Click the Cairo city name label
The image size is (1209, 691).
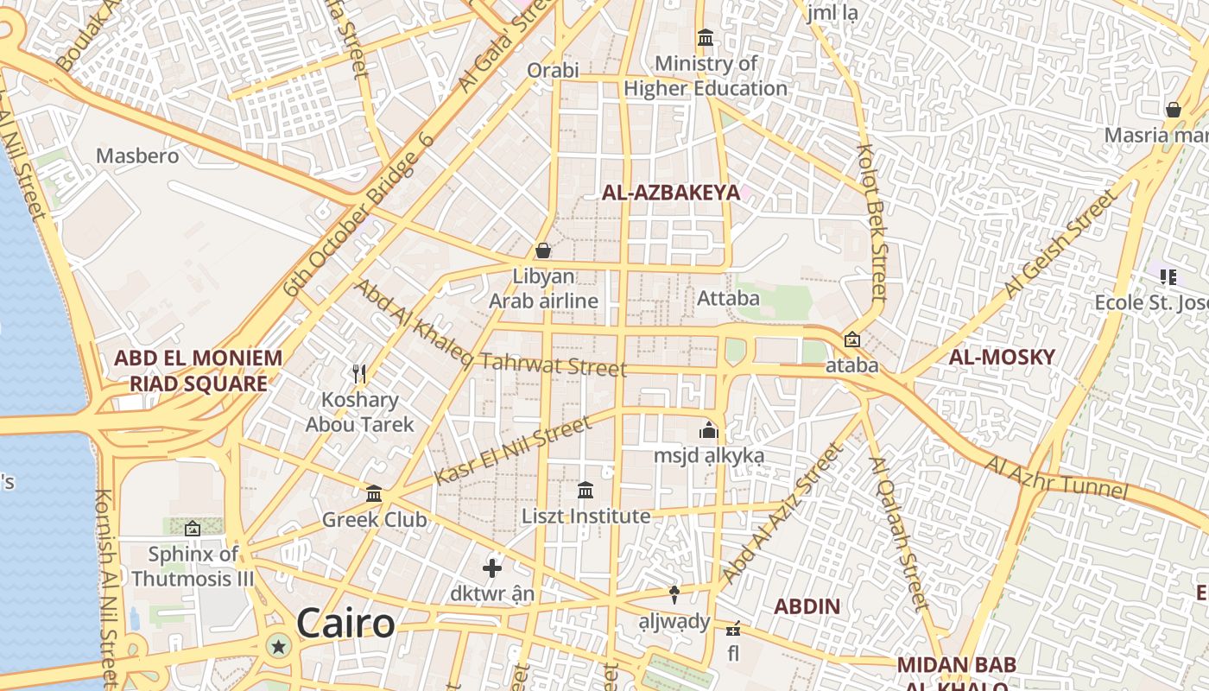click(345, 623)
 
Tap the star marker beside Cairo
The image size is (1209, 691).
click(279, 646)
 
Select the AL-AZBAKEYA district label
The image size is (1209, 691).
click(671, 193)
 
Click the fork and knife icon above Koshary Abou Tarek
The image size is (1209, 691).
click(360, 374)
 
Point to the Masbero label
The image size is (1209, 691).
click(137, 156)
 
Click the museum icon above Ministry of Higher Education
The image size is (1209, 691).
click(706, 38)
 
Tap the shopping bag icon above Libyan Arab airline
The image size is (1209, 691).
click(543, 251)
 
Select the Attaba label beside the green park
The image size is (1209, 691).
click(728, 299)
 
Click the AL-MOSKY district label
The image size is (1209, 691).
click(1002, 358)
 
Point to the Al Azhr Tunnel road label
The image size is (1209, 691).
click(1056, 478)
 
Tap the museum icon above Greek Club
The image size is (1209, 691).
click(374, 494)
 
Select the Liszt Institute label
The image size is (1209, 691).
click(586, 517)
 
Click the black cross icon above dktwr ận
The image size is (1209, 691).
click(492, 568)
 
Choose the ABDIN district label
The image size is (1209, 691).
click(807, 606)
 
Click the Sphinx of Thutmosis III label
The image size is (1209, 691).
click(193, 567)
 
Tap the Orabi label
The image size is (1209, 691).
click(553, 70)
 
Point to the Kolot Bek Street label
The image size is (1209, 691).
click(872, 223)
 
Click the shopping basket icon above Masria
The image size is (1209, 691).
click(1173, 110)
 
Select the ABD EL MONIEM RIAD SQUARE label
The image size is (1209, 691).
click(198, 371)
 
